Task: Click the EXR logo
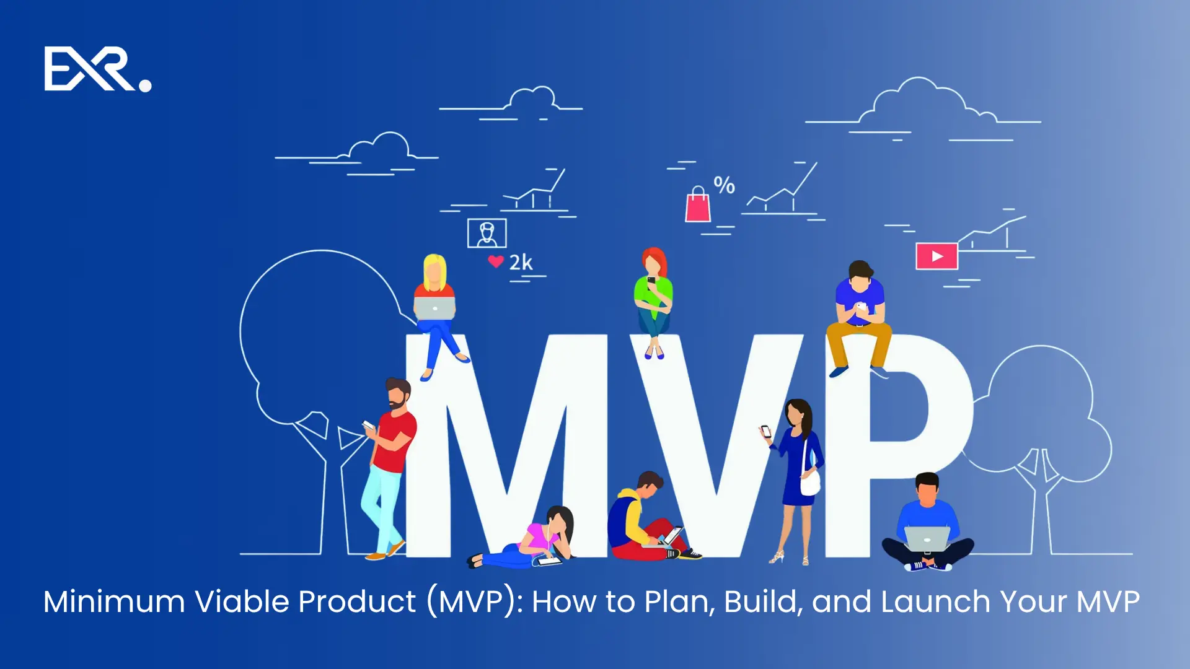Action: tap(97, 69)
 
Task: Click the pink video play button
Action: tap(937, 256)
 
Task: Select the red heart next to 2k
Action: tap(495, 261)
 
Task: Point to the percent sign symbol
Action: tap(724, 185)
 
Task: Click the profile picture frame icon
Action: tap(487, 234)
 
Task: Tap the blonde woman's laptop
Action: tap(434, 308)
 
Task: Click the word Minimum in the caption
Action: tap(114, 601)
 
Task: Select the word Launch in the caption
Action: tap(935, 601)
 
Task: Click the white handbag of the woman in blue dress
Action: tap(809, 482)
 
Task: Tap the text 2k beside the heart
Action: tap(521, 263)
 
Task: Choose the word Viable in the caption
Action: tap(242, 601)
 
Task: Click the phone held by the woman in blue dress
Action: tap(766, 432)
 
